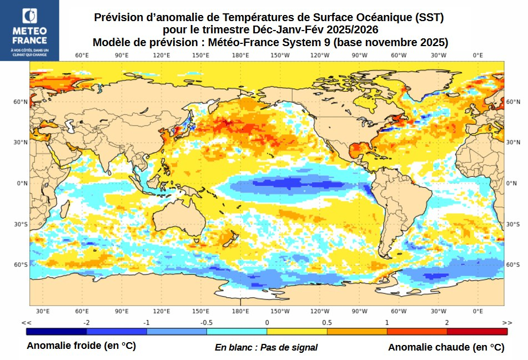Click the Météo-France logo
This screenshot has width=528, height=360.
(29, 31)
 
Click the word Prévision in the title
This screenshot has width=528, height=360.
(119, 17)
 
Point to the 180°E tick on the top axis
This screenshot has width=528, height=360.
(240, 56)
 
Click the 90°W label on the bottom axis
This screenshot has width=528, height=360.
(359, 311)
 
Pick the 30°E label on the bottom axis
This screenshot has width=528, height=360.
(43, 311)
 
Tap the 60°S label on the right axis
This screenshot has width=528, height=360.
(512, 265)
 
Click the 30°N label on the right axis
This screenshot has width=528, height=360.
(512, 142)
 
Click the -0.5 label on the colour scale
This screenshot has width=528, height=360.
(207, 323)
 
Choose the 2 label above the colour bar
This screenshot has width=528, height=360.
(447, 323)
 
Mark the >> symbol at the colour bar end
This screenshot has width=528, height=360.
(506, 323)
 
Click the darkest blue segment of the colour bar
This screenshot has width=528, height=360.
(56, 331)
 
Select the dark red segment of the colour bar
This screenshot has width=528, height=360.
(477, 331)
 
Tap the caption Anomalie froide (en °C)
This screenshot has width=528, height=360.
(81, 346)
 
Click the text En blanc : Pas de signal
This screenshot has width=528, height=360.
(266, 347)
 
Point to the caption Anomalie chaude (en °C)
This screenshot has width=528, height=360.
(446, 347)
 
